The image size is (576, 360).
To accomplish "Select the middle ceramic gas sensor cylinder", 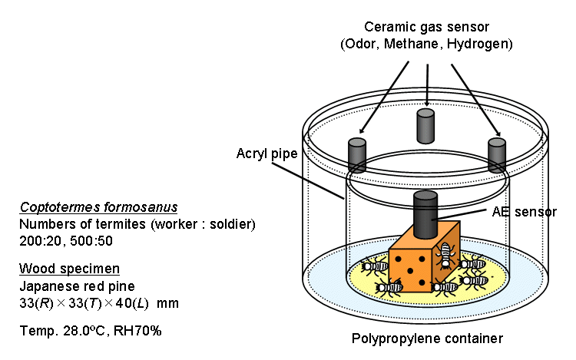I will [425, 125].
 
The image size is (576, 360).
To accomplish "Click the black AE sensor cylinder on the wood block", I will [425, 216].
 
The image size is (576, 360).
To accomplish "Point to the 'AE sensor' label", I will [525, 211].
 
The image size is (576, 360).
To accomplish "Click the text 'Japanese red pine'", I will [74, 286].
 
